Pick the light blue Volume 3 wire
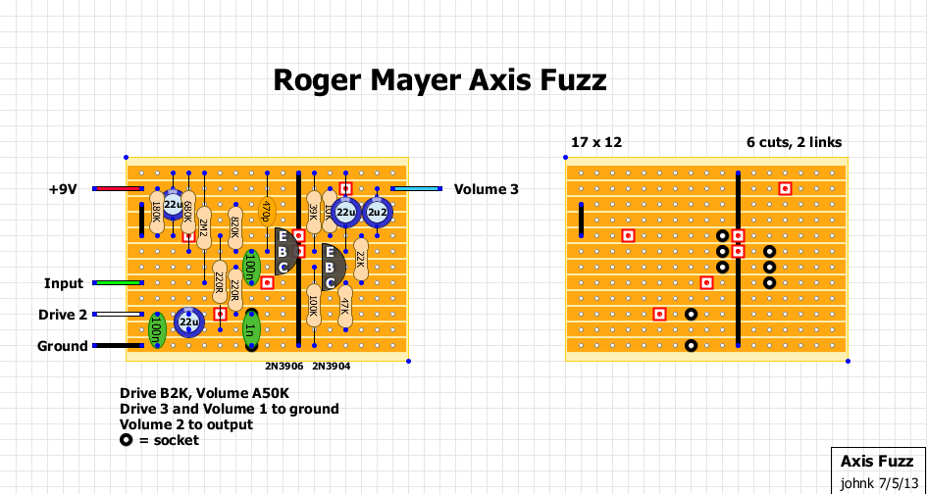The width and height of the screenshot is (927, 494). click(416, 189)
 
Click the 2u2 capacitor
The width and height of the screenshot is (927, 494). click(377, 212)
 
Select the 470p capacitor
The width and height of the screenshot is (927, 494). click(267, 214)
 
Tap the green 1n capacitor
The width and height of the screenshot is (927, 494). click(251, 329)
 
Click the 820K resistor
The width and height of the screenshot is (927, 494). click(235, 227)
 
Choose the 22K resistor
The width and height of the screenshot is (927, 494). click(361, 259)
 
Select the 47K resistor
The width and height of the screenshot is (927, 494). click(345, 306)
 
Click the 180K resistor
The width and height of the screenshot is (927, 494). click(157, 212)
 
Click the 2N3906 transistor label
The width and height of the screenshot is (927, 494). click(284, 366)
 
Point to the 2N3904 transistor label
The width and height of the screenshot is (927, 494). click(332, 366)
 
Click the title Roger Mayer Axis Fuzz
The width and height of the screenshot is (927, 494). click(439, 80)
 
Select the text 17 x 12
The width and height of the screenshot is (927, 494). click(596, 142)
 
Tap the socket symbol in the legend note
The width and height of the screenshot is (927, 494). click(126, 440)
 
